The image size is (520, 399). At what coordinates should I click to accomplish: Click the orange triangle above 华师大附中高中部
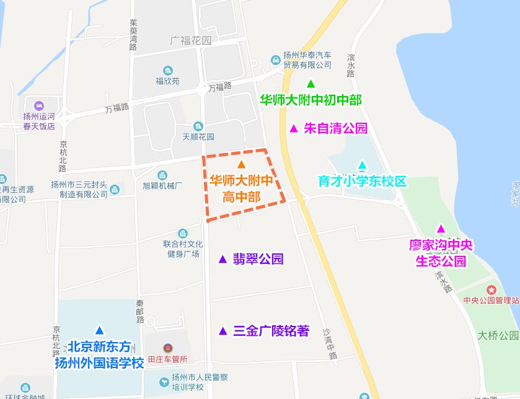tap(242, 164)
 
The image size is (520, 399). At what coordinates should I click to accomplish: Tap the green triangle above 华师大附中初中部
tap(311, 84)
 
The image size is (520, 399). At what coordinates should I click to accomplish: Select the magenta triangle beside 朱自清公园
tap(294, 129)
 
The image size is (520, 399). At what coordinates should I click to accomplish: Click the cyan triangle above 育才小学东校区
tap(362, 165)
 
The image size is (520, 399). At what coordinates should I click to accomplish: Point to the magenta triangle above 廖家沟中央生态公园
tap(441, 229)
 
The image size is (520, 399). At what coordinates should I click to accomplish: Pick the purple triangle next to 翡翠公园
tap(223, 259)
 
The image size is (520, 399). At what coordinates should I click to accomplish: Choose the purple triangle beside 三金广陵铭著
tap(223, 331)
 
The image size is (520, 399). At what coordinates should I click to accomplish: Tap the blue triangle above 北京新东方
tap(99, 330)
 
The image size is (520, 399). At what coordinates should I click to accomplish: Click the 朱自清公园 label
tap(335, 129)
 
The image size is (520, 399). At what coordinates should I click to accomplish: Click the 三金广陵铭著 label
tap(271, 331)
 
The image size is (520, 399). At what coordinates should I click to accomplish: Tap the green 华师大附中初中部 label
tap(311, 100)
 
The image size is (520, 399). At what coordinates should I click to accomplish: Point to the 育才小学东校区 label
tap(362, 182)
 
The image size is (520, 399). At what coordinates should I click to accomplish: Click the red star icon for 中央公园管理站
tap(491, 289)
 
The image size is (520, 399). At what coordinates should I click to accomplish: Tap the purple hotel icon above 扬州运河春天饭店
tap(40, 105)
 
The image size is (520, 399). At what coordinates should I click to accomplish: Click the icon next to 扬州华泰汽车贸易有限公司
tap(276, 60)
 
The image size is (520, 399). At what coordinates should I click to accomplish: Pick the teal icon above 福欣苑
tap(167, 70)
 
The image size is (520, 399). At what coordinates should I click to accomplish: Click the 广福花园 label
tap(190, 41)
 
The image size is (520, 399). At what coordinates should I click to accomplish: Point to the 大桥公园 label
tap(498, 335)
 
